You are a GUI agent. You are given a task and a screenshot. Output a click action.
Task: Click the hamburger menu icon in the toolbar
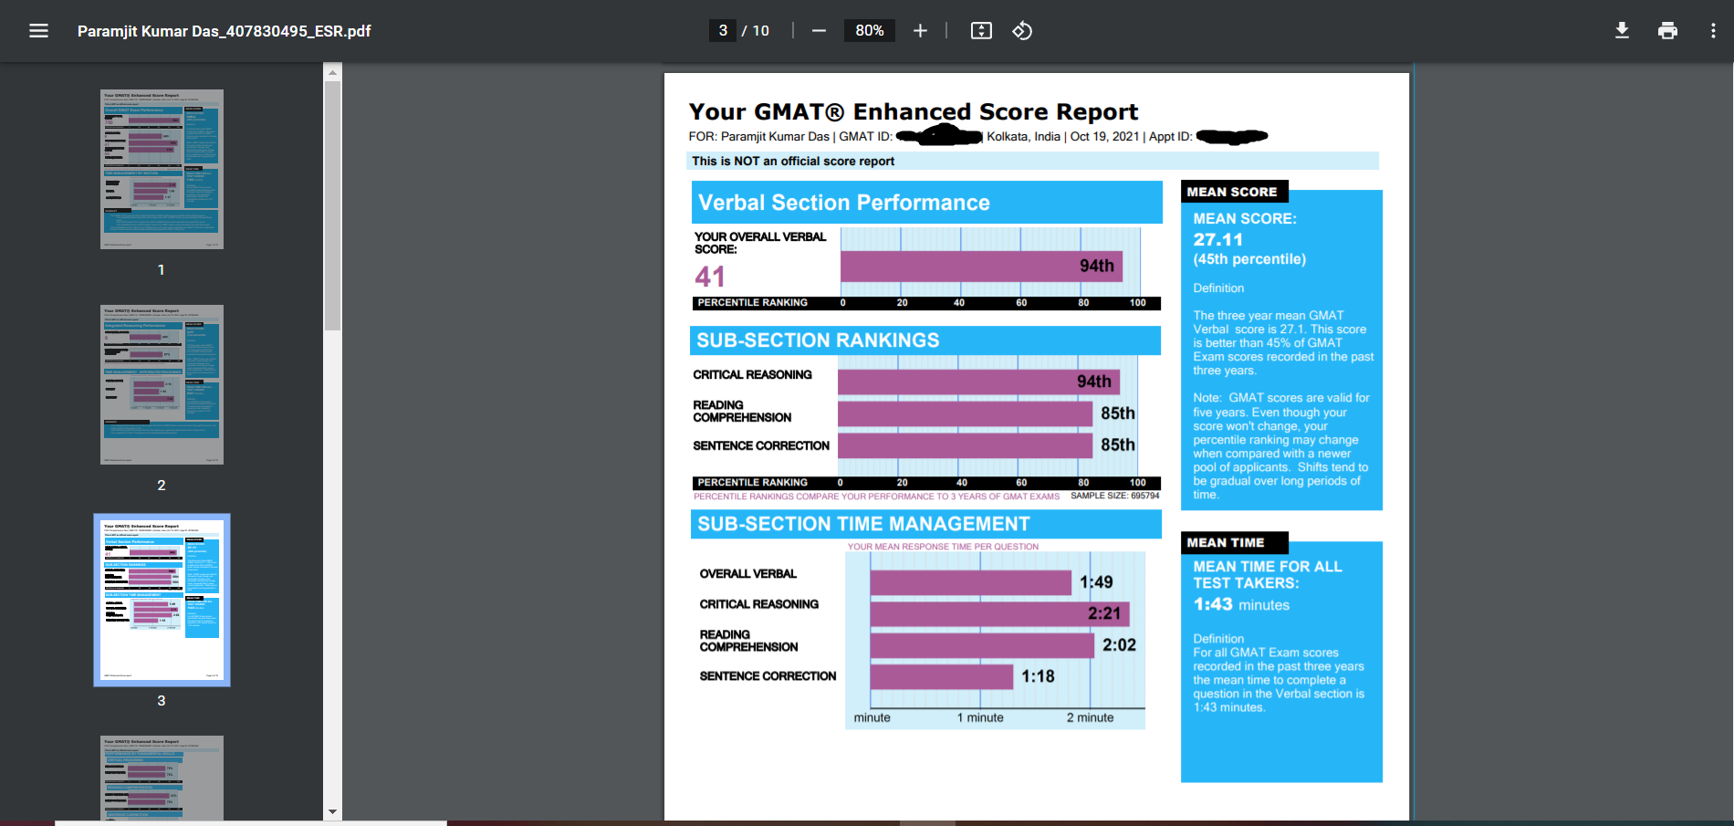[x=38, y=31]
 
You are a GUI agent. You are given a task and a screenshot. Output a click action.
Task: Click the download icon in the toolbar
[x=1622, y=31]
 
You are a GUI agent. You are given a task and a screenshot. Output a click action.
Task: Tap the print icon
[x=1667, y=31]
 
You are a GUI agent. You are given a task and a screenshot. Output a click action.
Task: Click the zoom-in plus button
[x=920, y=31]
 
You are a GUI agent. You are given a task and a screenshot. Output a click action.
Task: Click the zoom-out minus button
[x=819, y=31]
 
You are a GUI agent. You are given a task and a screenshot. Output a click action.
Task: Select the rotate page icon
[x=1022, y=31]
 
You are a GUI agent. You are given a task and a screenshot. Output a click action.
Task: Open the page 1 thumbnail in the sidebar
[x=162, y=169]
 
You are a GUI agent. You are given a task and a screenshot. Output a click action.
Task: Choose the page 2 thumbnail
[x=162, y=384]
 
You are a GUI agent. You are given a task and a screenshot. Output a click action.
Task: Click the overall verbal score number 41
[x=710, y=277]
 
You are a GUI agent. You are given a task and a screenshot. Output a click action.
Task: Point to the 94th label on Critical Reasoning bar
[x=1093, y=382]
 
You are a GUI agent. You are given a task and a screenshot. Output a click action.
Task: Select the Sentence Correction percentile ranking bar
[x=964, y=445]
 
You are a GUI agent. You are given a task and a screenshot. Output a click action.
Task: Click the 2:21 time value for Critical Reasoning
[x=1103, y=613]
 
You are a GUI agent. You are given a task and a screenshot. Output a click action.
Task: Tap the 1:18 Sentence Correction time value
[x=1038, y=676]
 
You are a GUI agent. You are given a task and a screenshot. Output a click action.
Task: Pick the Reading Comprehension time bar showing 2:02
[x=981, y=645]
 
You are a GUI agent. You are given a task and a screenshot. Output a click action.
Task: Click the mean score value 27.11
[x=1217, y=239]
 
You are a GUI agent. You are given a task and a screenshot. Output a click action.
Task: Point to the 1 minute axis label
[x=980, y=717]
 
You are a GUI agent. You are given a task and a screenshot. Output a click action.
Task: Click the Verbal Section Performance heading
[x=843, y=203]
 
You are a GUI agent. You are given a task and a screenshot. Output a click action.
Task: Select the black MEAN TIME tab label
[x=1226, y=542]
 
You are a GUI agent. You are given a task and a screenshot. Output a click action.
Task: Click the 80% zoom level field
[x=869, y=31]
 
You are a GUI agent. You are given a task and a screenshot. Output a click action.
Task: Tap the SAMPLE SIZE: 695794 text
[x=1114, y=496]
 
